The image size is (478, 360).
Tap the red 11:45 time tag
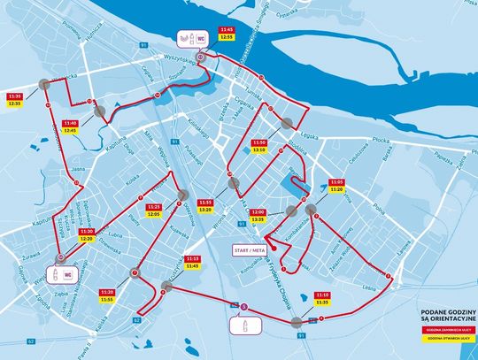click(x=227, y=29)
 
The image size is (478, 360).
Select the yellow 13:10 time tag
click(x=258, y=149)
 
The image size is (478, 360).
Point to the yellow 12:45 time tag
click(x=72, y=130)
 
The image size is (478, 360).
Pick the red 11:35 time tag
click(x=14, y=96)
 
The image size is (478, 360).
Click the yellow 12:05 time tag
click(x=153, y=214)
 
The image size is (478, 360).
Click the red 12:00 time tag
click(x=258, y=212)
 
